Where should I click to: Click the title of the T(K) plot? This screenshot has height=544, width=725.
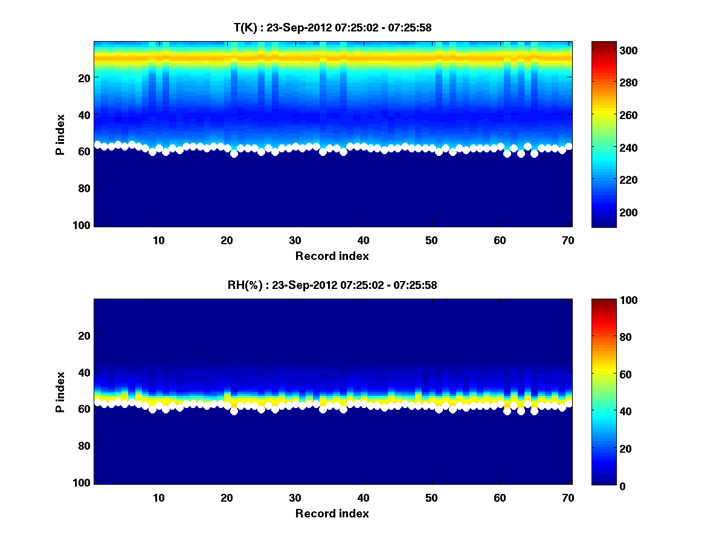click(332, 27)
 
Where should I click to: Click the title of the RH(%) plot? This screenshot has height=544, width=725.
click(332, 285)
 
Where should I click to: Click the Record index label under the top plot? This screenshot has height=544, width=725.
click(332, 256)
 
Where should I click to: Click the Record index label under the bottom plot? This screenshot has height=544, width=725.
click(332, 513)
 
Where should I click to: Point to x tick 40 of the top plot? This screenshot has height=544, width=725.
click(364, 239)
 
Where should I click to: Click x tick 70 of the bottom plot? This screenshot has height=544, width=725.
click(568, 497)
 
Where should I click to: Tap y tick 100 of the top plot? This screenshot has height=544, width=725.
click(83, 225)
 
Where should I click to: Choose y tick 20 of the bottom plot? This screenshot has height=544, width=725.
click(85, 335)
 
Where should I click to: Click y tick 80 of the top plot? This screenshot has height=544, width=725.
click(85, 188)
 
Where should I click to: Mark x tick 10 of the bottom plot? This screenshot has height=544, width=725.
click(159, 497)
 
